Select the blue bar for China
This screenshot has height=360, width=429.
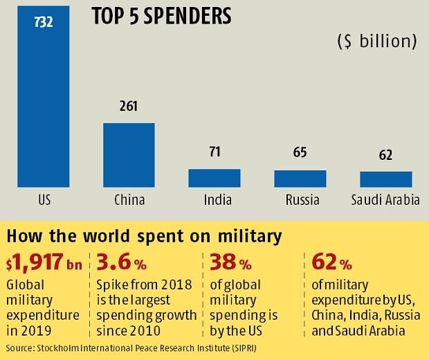click(x=129, y=155)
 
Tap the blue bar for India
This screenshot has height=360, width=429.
click(x=214, y=178)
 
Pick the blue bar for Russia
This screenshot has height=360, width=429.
click(x=300, y=179)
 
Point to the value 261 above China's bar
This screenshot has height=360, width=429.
click(x=129, y=107)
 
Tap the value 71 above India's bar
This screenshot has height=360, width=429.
click(x=214, y=152)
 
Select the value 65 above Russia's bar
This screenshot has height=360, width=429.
click(x=300, y=154)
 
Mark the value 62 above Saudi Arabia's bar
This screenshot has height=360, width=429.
click(x=386, y=155)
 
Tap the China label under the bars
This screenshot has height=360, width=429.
click(x=129, y=201)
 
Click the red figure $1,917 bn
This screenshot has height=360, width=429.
click(x=43, y=263)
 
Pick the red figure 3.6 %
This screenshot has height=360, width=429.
click(x=129, y=263)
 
